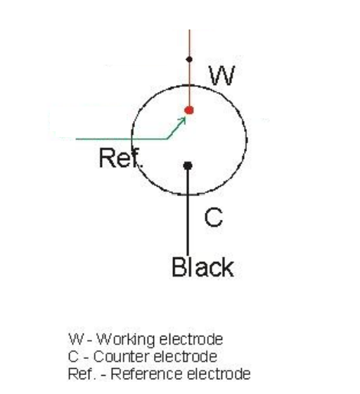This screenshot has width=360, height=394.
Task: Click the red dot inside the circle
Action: tap(189, 110)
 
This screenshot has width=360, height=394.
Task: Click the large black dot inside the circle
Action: tap(188, 166)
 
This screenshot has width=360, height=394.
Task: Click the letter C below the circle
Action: tap(213, 218)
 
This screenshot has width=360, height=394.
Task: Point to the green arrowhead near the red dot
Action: tap(182, 121)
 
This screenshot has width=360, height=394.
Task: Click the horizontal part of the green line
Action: tap(120, 138)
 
